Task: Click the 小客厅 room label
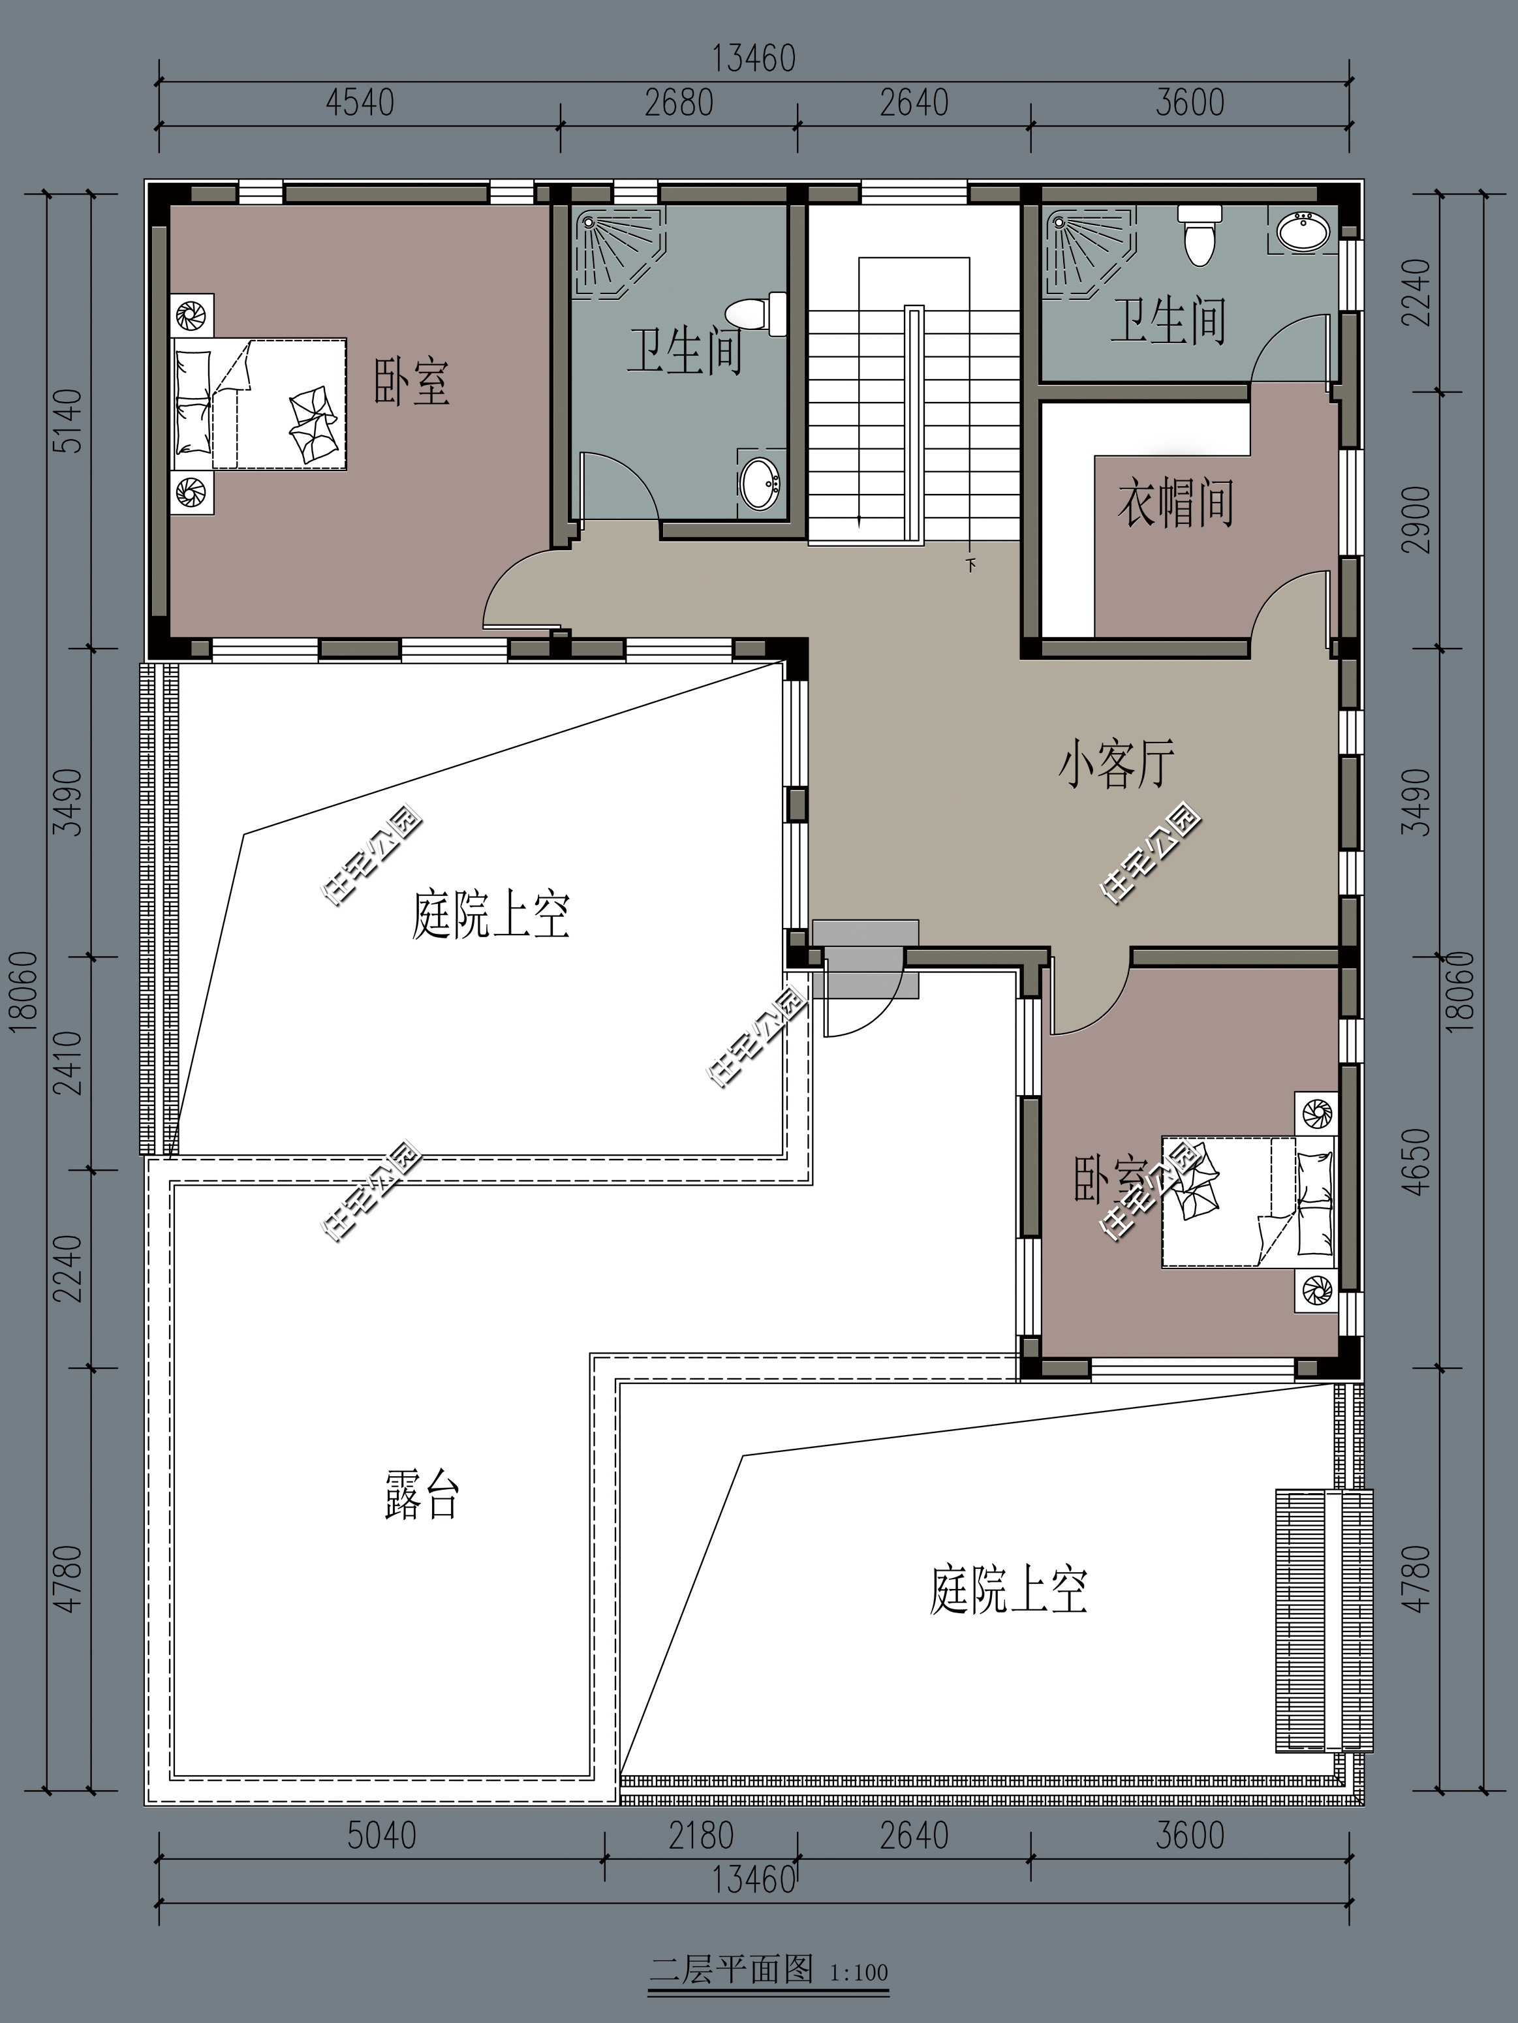tap(1115, 765)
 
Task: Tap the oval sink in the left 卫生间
tap(760, 482)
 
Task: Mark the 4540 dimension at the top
tap(360, 102)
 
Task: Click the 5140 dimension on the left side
tap(69, 421)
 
